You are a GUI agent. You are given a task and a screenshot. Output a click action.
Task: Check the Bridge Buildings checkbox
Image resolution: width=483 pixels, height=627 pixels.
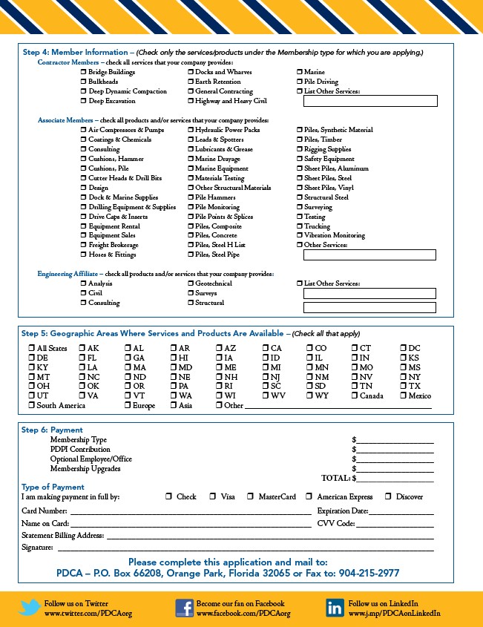[83, 72]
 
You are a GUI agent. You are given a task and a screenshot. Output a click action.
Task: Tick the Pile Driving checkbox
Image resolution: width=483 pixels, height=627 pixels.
[300, 82]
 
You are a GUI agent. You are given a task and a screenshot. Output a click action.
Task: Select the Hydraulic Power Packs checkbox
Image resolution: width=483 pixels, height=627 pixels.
[191, 130]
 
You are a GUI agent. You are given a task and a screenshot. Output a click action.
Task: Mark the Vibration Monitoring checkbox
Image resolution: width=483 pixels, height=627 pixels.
[300, 235]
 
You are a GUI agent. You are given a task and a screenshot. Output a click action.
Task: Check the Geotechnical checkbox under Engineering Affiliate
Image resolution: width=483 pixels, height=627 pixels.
[191, 283]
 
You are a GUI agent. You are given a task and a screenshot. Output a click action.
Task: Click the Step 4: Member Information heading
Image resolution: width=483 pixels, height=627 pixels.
[74, 53]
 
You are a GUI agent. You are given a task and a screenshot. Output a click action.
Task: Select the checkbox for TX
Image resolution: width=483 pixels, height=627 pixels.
[403, 387]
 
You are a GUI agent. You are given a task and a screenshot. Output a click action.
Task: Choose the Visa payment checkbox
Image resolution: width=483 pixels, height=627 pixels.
[213, 496]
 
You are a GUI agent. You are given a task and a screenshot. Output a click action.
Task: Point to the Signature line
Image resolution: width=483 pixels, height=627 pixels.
[245, 549]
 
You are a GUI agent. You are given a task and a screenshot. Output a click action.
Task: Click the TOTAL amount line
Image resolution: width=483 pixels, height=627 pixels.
[394, 479]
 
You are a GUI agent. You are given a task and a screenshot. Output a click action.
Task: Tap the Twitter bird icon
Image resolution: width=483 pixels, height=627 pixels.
[29, 608]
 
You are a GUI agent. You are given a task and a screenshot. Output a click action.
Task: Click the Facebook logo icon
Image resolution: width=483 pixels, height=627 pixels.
[185, 608]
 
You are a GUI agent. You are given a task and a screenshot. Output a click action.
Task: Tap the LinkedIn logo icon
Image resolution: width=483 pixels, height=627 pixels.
[335, 608]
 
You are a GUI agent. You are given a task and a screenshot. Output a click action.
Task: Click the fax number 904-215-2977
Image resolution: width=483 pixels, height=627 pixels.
[369, 574]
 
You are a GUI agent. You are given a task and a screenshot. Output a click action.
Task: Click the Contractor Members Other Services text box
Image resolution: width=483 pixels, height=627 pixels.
[369, 101]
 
